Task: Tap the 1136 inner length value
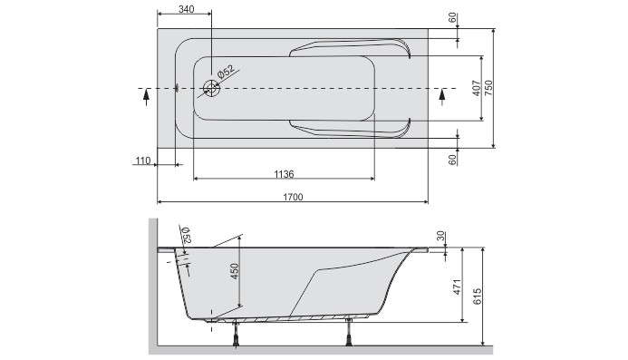pos(284,173)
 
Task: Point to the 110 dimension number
pos(142,161)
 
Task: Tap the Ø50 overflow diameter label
pos(187,234)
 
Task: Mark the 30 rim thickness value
pos(440,237)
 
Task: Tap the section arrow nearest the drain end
pos(145,97)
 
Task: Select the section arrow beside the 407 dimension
pos(442,96)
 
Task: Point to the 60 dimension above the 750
pos(451,19)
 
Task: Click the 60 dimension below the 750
pos(451,160)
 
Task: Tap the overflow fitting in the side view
pos(181,260)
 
